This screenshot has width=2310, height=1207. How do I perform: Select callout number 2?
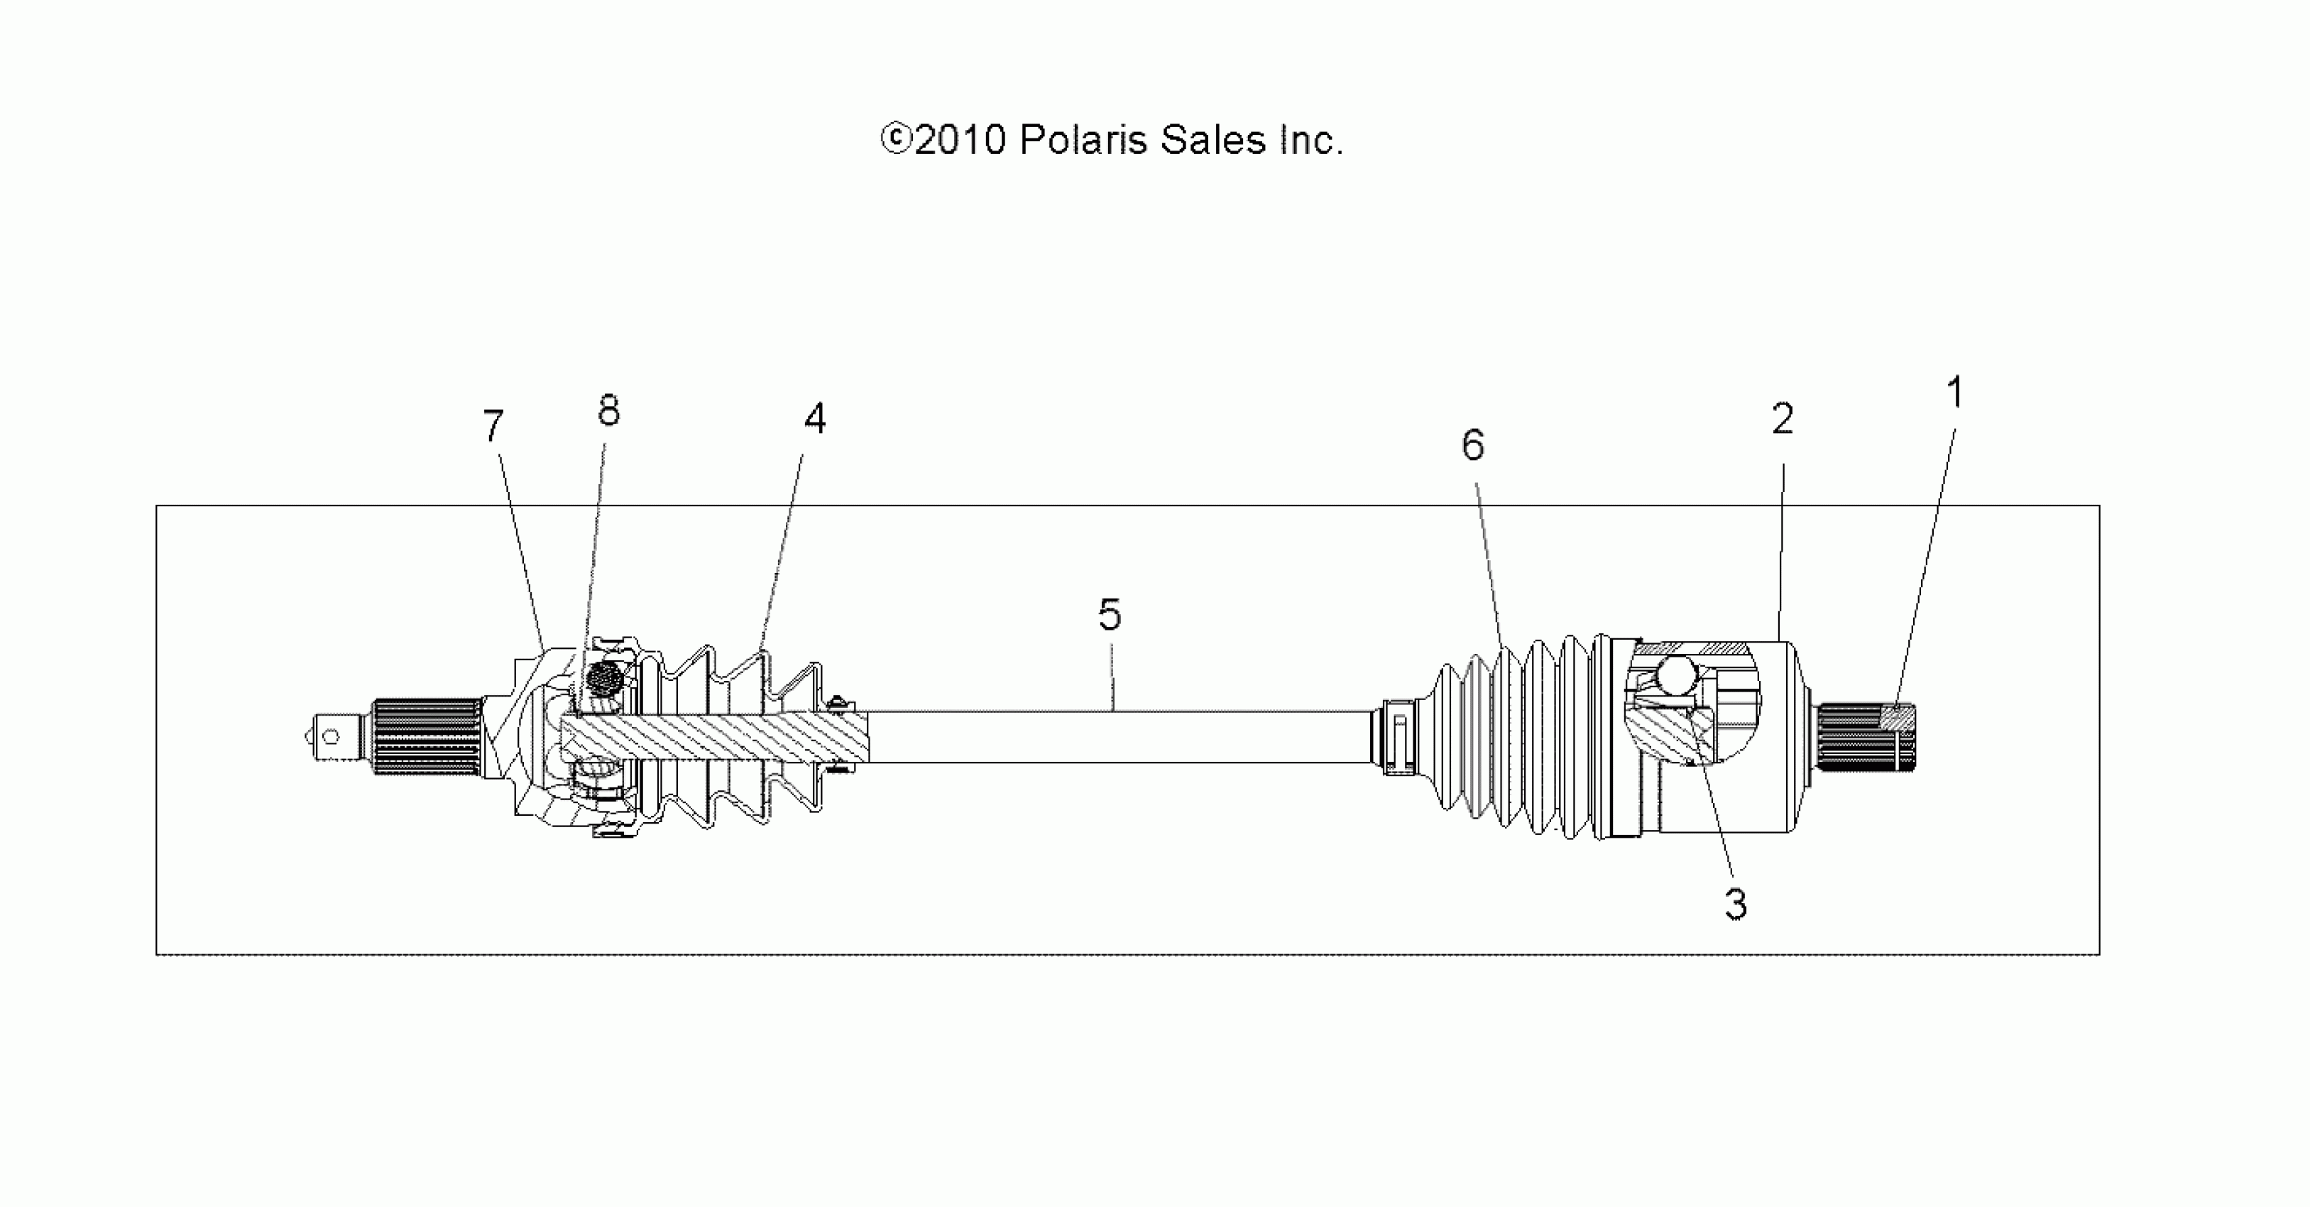click(1783, 419)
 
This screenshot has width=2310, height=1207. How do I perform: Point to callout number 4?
click(814, 418)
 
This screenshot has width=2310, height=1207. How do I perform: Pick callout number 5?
click(1110, 614)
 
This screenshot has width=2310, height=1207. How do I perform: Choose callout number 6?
click(1473, 444)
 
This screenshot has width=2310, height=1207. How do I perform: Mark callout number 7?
click(493, 426)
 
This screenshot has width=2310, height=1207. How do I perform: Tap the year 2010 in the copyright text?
click(960, 141)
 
